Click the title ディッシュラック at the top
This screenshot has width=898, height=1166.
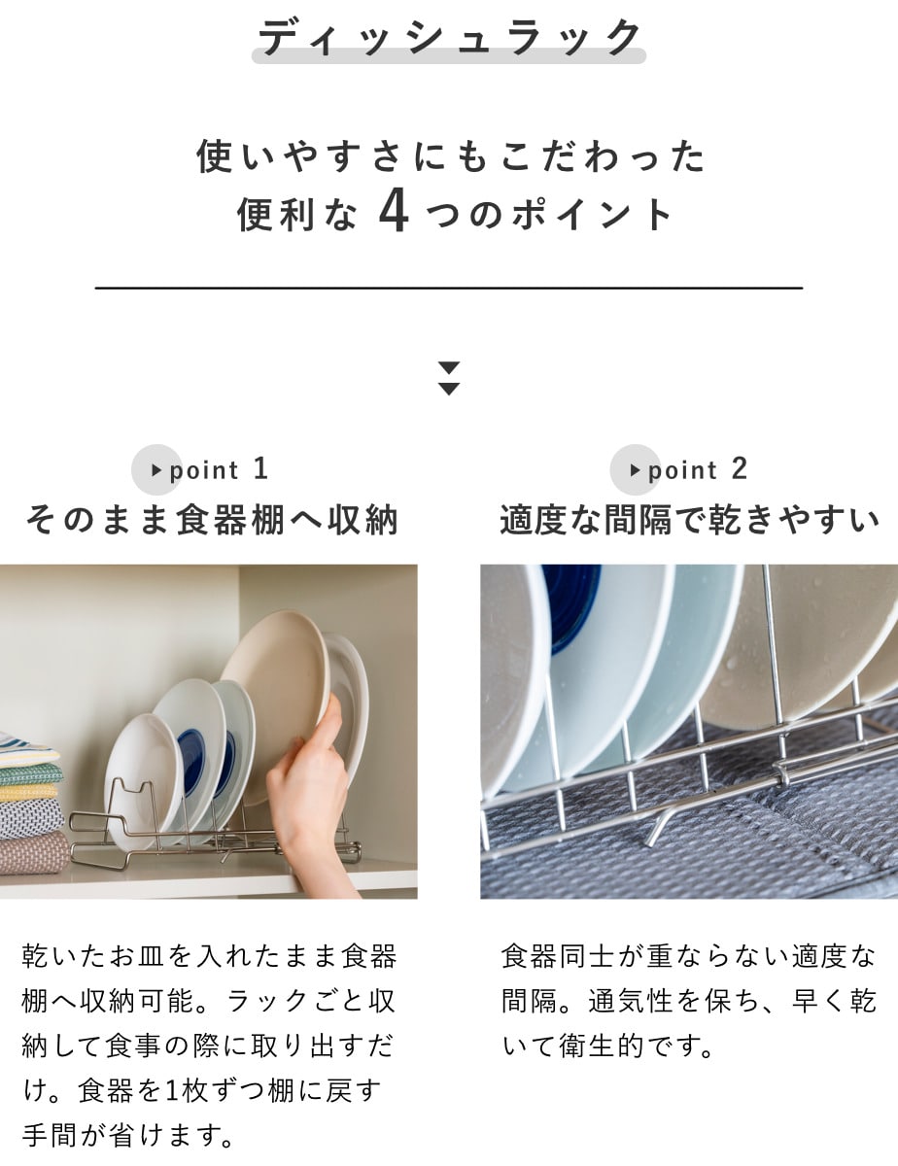(449, 38)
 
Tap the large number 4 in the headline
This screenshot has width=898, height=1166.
(395, 213)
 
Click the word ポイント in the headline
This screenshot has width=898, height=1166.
(592, 215)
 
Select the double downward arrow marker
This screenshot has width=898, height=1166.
(449, 378)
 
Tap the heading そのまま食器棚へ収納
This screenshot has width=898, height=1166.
(212, 520)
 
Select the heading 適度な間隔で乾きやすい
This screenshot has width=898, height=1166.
(689, 520)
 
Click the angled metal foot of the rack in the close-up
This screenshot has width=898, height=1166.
(659, 826)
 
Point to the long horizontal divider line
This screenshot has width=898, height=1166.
(449, 289)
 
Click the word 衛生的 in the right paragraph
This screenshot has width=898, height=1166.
(601, 1046)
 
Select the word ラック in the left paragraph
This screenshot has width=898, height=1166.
(267, 1001)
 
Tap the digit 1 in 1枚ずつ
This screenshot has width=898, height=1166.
(171, 1091)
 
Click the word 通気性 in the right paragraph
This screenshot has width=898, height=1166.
(631, 1001)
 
